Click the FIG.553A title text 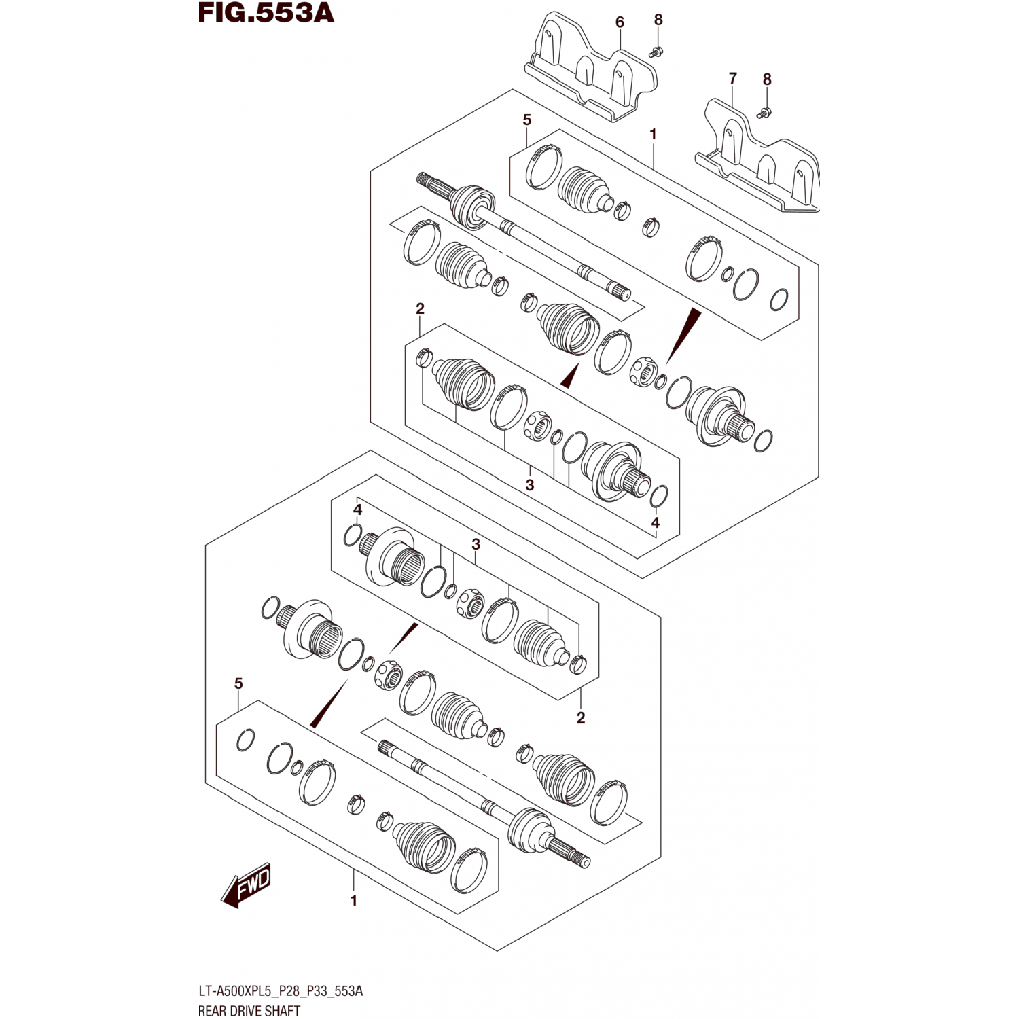[266, 13]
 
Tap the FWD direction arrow [246, 885]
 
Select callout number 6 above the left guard [620, 22]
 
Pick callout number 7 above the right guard [732, 79]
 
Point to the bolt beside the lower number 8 [766, 112]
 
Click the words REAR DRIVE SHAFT [249, 1011]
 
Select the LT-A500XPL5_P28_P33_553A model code [281, 991]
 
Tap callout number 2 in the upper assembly [420, 309]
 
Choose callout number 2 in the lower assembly [581, 717]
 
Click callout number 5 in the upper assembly [527, 120]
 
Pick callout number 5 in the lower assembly [238, 683]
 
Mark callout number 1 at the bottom [353, 901]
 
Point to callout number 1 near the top [653, 135]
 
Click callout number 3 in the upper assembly [529, 485]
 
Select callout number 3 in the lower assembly [476, 544]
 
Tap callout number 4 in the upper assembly [655, 522]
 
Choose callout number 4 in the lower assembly [357, 510]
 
